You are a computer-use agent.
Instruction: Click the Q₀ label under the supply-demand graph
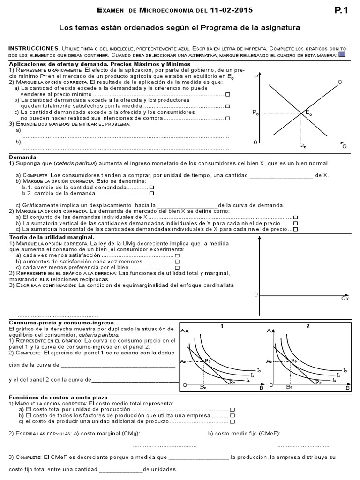coord(303,146)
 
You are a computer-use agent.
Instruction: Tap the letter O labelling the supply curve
coord(340,82)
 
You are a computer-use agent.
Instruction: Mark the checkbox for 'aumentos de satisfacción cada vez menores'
coord(177,261)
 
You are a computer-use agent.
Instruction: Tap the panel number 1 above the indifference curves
coord(221,326)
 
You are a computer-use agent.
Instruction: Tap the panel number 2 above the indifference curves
coord(308,326)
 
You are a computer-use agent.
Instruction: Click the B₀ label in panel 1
coord(203,387)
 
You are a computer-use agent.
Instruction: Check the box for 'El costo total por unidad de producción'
coord(232,409)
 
